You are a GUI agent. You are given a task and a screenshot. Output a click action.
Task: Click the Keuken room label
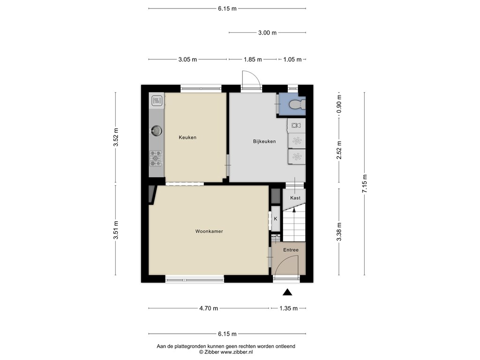tap(187, 137)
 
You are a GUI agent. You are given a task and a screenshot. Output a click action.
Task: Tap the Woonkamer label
tap(209, 232)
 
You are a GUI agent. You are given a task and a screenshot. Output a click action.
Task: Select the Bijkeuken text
tap(264, 142)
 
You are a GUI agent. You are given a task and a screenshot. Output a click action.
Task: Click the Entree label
tap(291, 250)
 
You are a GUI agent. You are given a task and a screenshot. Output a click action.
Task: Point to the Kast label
tap(295, 198)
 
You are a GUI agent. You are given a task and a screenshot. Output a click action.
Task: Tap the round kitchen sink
tap(157, 131)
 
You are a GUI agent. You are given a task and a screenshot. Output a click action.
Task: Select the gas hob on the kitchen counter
tap(156, 158)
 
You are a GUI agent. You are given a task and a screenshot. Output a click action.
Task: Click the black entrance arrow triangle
tap(287, 292)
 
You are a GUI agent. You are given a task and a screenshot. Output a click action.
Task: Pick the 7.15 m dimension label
tap(365, 184)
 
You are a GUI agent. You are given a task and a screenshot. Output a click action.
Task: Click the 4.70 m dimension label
tap(209, 308)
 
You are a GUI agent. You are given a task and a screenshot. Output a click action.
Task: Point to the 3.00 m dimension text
tap(267, 33)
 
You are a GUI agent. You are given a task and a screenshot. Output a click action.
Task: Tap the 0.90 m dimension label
tap(339, 104)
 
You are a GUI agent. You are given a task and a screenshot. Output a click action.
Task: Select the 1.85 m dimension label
tap(253, 60)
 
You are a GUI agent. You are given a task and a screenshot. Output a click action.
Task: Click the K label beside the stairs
tap(276, 219)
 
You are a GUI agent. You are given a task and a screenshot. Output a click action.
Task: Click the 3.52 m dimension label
tap(116, 137)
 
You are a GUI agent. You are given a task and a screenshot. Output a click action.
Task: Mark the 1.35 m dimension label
tap(288, 308)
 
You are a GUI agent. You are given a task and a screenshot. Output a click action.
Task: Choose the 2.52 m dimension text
tap(339, 150)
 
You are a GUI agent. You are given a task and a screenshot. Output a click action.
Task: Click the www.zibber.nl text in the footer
tap(237, 352)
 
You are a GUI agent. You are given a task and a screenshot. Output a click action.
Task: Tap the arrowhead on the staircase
tap(294, 210)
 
